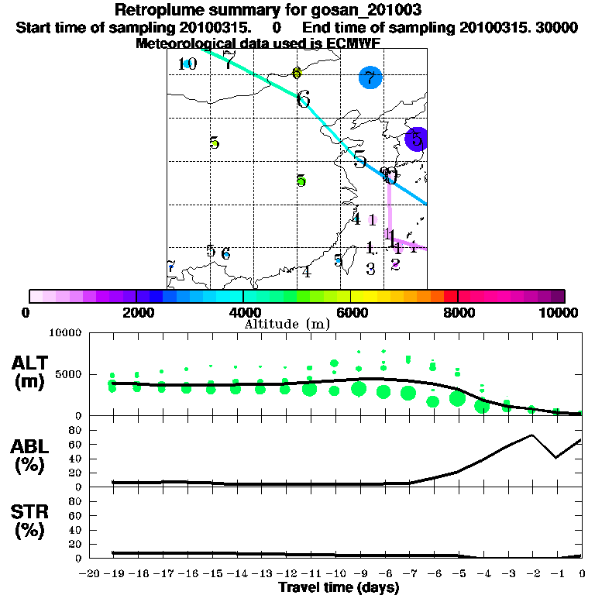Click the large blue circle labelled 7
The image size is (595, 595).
coord(370,77)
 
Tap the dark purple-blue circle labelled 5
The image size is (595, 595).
coord(417,139)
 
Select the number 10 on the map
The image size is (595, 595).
coord(187,64)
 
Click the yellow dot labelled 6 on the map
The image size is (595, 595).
coord(297,73)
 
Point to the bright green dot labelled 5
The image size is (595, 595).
coord(301,181)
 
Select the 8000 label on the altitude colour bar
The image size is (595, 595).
coord(459,312)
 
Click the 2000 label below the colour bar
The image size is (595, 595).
coord(136,312)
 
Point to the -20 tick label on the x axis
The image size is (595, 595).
coord(90,573)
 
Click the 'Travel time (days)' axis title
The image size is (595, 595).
coord(339,587)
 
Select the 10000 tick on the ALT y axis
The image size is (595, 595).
coord(65,334)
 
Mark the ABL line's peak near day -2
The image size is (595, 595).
coord(531,435)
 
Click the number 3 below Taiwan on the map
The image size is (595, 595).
coord(370,269)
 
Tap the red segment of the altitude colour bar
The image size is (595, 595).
coord(451,296)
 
